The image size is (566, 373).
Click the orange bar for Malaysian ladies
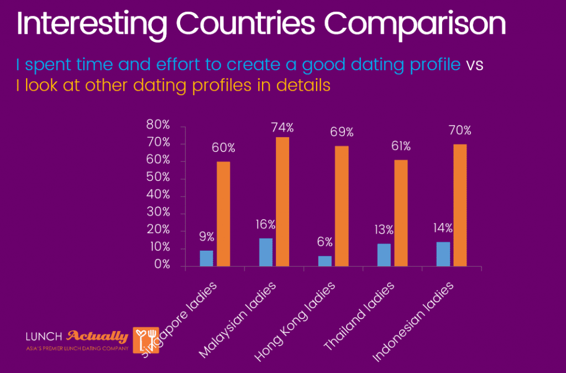click(282, 201)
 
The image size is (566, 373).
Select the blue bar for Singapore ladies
click(206, 258)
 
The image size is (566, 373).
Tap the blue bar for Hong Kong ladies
click(325, 261)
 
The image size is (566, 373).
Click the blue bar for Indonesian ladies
click(443, 254)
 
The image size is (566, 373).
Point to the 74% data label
click(282, 128)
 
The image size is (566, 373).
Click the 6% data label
click(325, 242)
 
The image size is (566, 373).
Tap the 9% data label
click(207, 237)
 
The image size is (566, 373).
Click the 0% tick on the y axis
click(161, 266)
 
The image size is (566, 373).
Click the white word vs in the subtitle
click(474, 65)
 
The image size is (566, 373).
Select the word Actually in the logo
click(97, 336)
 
